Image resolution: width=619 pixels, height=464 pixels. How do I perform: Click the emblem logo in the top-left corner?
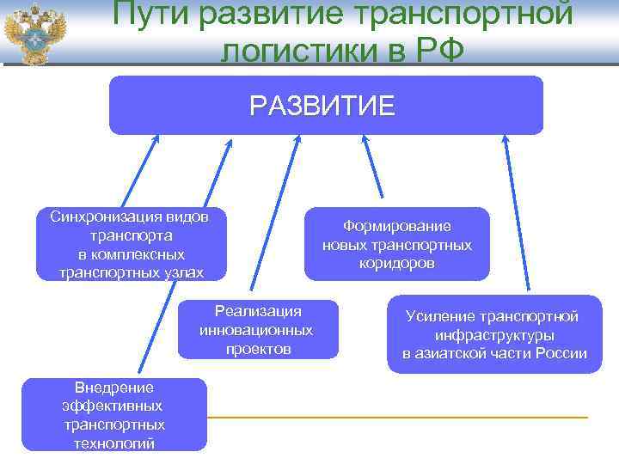[x=35, y=34]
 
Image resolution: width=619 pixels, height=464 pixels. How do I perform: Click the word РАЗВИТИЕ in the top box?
[x=322, y=106]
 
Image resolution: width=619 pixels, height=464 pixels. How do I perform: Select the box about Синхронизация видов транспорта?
[x=129, y=244]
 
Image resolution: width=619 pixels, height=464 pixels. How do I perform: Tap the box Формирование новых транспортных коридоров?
[x=396, y=244]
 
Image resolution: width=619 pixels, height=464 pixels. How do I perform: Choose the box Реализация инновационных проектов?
[x=257, y=329]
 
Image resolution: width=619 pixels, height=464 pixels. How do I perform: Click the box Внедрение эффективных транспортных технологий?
[x=113, y=414]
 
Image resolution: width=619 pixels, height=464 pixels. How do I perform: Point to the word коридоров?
[x=397, y=264]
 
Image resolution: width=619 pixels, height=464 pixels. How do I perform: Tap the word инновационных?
[x=256, y=330]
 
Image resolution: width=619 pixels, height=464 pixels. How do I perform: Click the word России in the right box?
[x=561, y=354]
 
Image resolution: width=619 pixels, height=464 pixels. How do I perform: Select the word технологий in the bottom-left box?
[x=113, y=443]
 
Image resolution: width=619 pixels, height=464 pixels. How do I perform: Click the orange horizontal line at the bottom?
[x=395, y=418]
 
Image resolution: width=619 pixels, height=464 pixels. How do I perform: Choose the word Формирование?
[x=397, y=226]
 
